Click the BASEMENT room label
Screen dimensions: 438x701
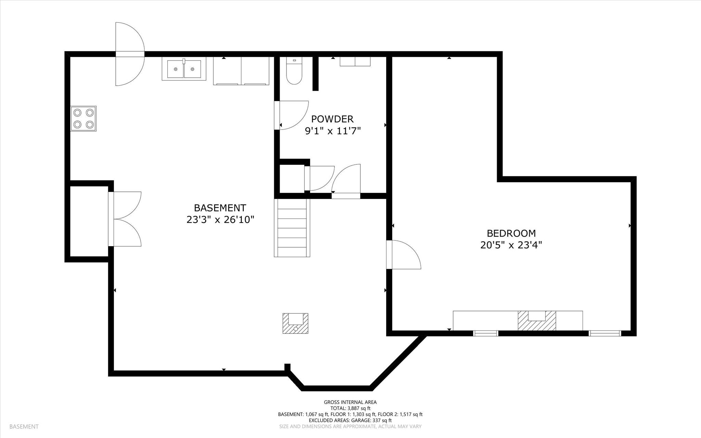pyautogui.click(x=220, y=208)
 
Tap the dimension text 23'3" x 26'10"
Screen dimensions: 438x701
pyautogui.click(x=220, y=220)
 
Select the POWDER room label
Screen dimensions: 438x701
pyautogui.click(x=332, y=119)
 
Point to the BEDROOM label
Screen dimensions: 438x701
pyautogui.click(x=511, y=233)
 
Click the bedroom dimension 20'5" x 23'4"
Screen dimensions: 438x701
pyautogui.click(x=511, y=245)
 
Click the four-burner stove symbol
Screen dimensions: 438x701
pyautogui.click(x=83, y=118)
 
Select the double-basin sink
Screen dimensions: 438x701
pyautogui.click(x=184, y=69)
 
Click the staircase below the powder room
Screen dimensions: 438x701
pyautogui.click(x=292, y=228)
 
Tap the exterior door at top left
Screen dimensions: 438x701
pyautogui.click(x=129, y=54)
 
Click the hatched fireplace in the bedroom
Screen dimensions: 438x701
pyautogui.click(x=536, y=321)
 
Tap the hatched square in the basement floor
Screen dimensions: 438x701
pyautogui.click(x=295, y=323)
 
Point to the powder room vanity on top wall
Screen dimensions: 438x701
pyautogui.click(x=355, y=61)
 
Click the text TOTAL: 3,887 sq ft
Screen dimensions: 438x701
pyautogui.click(x=350, y=408)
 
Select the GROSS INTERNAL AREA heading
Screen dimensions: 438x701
pyautogui.click(x=350, y=402)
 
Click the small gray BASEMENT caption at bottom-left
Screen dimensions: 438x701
pyautogui.click(x=24, y=426)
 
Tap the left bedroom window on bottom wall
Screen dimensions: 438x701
pyautogui.click(x=485, y=333)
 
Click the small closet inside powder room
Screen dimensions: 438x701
pyautogui.click(x=292, y=178)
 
